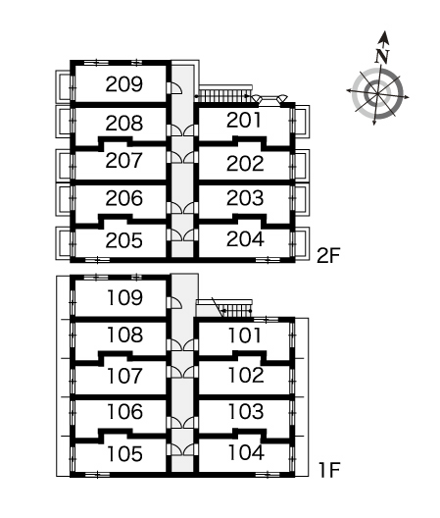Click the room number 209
(124, 84)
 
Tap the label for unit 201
(244, 120)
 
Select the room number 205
(124, 240)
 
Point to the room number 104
(246, 452)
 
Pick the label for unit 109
(125, 297)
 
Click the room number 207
(124, 160)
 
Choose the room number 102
(246, 375)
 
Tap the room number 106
(125, 412)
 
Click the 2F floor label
(328, 255)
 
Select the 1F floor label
(329, 470)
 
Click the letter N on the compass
(382, 56)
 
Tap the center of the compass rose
(377, 93)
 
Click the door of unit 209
(174, 88)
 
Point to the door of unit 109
(174, 302)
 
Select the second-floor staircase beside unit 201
(225, 94)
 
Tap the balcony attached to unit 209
(63, 85)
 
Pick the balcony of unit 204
(302, 243)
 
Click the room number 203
(245, 198)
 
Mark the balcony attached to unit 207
(63, 164)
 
